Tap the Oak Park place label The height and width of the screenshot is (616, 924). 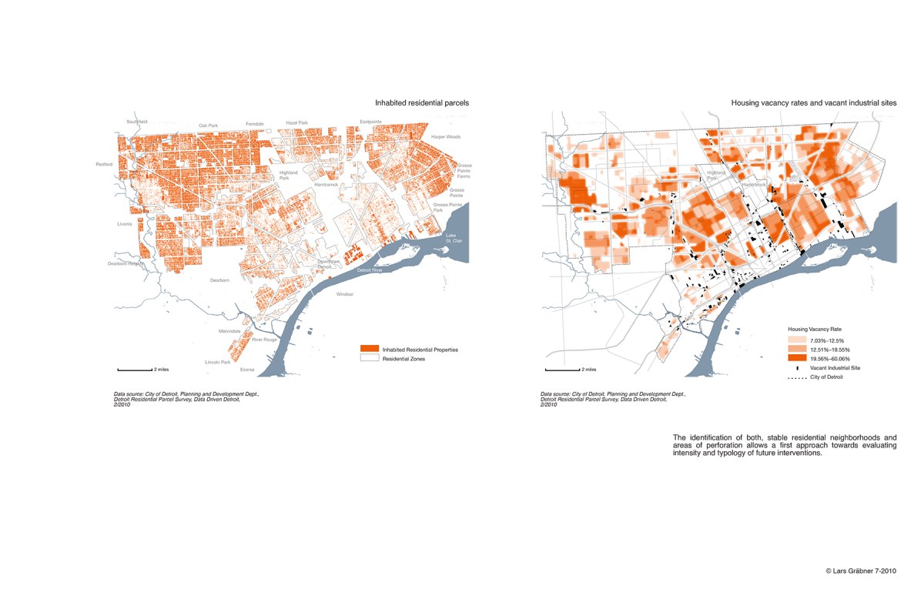coord(209,125)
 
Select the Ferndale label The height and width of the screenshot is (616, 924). coord(255,123)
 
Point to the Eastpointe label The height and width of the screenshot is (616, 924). coord(370,122)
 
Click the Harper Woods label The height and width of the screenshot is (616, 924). coord(445,137)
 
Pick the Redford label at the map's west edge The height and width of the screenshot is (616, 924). coord(104,164)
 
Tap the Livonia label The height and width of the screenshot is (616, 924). coord(125,224)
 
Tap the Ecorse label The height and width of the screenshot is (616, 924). coord(247,370)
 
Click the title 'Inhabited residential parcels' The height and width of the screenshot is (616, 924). coord(422,102)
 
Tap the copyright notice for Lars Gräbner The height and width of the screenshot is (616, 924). coord(860,571)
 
